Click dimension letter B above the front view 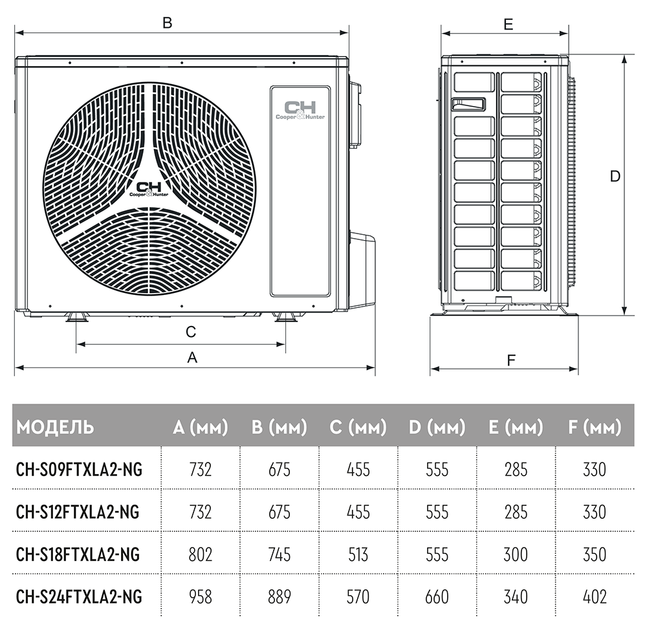(x=167, y=22)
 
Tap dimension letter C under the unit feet (x=191, y=332)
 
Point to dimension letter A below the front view (x=192, y=357)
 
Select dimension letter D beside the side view (x=615, y=177)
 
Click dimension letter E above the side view (x=509, y=25)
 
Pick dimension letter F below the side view (x=511, y=360)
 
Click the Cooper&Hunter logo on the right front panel (x=300, y=110)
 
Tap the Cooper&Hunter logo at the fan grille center (x=149, y=189)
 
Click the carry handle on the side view (x=468, y=104)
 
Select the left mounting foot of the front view (x=76, y=317)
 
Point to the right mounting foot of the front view (x=285, y=317)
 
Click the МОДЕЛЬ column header (x=55, y=427)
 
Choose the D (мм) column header (x=437, y=427)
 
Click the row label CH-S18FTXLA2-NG (x=78, y=554)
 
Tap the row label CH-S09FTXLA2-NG (x=79, y=470)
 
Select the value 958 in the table (x=201, y=596)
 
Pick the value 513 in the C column (x=358, y=554)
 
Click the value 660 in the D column (x=437, y=596)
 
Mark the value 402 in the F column (x=595, y=596)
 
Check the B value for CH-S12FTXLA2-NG (x=280, y=512)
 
